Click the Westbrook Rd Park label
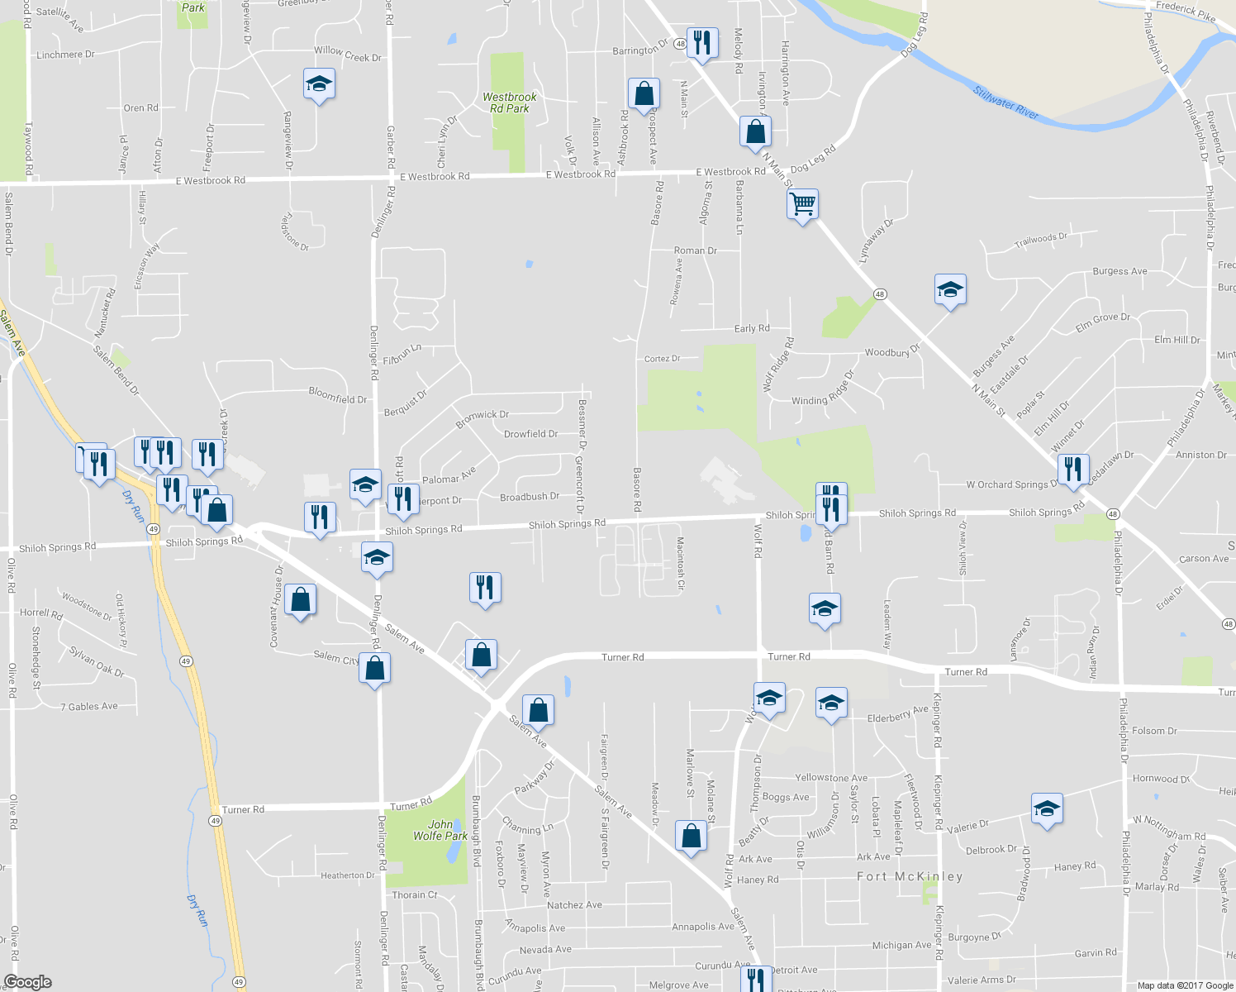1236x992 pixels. [x=509, y=103]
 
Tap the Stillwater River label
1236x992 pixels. [x=1005, y=103]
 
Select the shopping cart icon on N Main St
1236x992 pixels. [x=802, y=203]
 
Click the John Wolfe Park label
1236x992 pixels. [x=440, y=830]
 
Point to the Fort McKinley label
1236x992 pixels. [x=910, y=876]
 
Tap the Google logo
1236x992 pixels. [x=28, y=982]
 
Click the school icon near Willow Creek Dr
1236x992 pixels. [x=319, y=84]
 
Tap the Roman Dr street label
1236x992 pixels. [x=695, y=250]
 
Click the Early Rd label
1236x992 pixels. [x=752, y=328]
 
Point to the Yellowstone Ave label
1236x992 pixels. [x=830, y=778]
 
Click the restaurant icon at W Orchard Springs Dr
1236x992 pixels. [x=1072, y=469]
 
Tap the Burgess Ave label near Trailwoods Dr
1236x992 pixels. [x=1120, y=271]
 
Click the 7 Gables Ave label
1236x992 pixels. [x=89, y=707]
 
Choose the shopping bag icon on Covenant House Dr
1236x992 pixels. [x=300, y=599]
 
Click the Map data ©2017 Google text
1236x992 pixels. [x=1185, y=985]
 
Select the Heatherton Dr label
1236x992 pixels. [x=347, y=875]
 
